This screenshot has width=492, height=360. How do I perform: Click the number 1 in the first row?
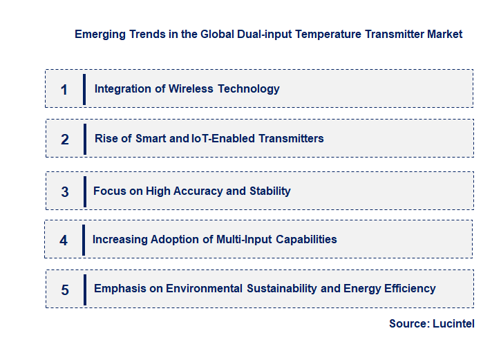click(64, 90)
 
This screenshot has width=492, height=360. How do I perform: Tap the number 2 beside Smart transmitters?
click(65, 140)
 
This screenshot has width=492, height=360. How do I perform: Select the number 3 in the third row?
click(65, 192)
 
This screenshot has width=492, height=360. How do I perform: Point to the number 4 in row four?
click(64, 240)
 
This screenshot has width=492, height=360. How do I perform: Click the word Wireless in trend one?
click(191, 88)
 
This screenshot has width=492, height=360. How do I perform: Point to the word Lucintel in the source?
click(454, 323)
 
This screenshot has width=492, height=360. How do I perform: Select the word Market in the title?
click(445, 34)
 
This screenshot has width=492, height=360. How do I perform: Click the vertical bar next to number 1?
click(84, 89)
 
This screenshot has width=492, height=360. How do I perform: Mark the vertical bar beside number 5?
click(84, 290)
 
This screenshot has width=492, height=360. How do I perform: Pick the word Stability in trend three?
click(269, 191)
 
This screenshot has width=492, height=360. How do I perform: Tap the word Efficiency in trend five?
click(410, 288)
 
